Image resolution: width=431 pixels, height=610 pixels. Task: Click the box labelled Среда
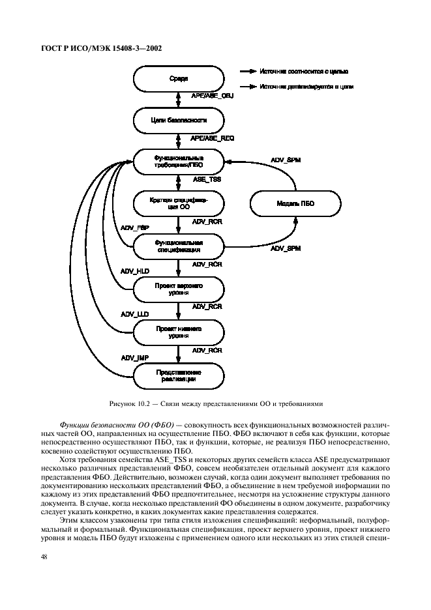point(178,80)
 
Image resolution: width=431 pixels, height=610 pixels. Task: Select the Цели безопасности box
point(178,121)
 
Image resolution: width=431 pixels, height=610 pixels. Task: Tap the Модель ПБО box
point(291,204)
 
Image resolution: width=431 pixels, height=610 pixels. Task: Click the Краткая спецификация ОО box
point(178,204)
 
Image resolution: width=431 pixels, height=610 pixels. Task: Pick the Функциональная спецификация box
point(178,245)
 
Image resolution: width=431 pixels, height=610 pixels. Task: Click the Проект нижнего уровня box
point(178,332)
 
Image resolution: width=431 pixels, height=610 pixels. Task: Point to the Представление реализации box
point(178,375)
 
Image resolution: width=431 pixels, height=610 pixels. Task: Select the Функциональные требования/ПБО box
point(178,161)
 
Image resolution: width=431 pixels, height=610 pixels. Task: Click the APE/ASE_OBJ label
point(212,96)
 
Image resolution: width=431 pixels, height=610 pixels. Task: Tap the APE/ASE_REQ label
point(212,139)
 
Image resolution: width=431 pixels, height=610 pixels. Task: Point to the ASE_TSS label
point(207,179)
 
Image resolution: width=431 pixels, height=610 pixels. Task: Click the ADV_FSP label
point(135,227)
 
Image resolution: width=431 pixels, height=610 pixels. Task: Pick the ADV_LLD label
point(135,314)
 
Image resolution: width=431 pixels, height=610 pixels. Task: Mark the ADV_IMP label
point(135,357)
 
